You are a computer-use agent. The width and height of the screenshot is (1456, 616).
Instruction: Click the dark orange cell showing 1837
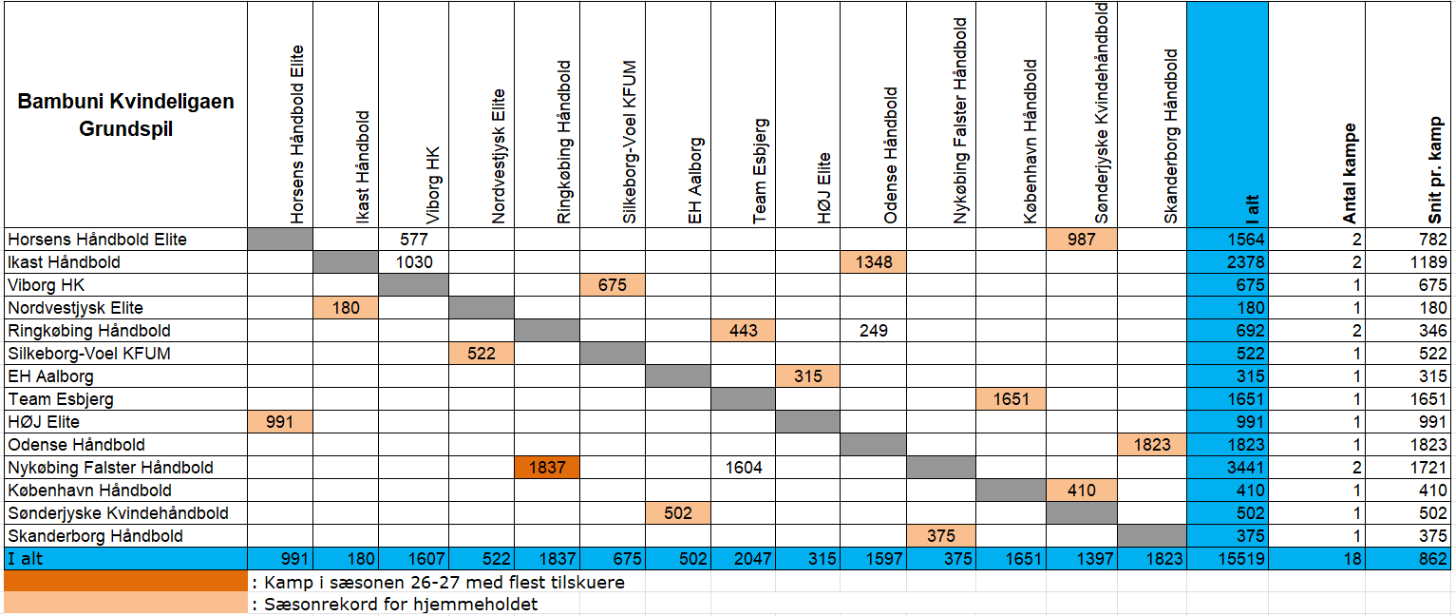pyautogui.click(x=547, y=467)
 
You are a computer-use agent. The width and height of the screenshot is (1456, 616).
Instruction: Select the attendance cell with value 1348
pyautogui.click(x=873, y=262)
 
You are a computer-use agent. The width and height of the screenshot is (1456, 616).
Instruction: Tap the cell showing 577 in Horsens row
pyautogui.click(x=413, y=240)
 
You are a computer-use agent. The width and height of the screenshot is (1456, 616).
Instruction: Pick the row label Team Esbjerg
pyautogui.click(x=61, y=398)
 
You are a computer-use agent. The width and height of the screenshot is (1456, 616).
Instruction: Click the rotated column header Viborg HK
pyautogui.click(x=433, y=184)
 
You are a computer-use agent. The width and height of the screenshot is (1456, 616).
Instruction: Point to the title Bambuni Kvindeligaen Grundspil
pyautogui.click(x=125, y=114)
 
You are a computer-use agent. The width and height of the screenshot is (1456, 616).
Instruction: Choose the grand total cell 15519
pyautogui.click(x=1227, y=559)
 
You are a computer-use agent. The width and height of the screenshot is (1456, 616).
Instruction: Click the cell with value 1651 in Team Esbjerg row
pyautogui.click(x=1011, y=398)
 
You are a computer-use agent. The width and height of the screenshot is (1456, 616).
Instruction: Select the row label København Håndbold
pyautogui.click(x=89, y=490)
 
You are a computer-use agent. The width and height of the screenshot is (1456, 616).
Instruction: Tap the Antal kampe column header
pyautogui.click(x=1350, y=173)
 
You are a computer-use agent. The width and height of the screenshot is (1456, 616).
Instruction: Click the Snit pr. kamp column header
pyautogui.click(x=1435, y=170)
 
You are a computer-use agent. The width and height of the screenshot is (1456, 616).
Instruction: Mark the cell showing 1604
pyautogui.click(x=743, y=467)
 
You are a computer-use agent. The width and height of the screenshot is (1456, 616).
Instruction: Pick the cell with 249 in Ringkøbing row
pyautogui.click(x=873, y=331)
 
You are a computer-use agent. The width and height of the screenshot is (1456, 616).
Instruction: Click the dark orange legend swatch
pyautogui.click(x=126, y=581)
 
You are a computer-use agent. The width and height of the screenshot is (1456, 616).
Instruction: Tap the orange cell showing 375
pyautogui.click(x=940, y=535)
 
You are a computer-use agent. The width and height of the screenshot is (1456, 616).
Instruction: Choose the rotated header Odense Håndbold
pyautogui.click(x=891, y=156)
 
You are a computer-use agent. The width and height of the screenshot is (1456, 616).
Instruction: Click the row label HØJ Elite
pyautogui.click(x=44, y=421)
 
